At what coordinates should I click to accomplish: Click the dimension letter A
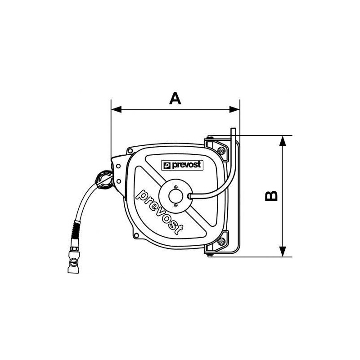point(175,98)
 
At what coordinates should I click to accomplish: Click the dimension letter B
point(271,196)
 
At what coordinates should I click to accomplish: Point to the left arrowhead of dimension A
point(116,109)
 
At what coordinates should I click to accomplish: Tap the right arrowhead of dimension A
point(234,109)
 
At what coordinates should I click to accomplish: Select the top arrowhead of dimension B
point(283,140)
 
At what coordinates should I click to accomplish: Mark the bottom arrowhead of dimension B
point(283,252)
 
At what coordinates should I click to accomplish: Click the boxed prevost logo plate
point(182,165)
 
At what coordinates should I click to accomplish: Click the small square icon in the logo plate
point(167,166)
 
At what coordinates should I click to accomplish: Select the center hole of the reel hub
point(175,196)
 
